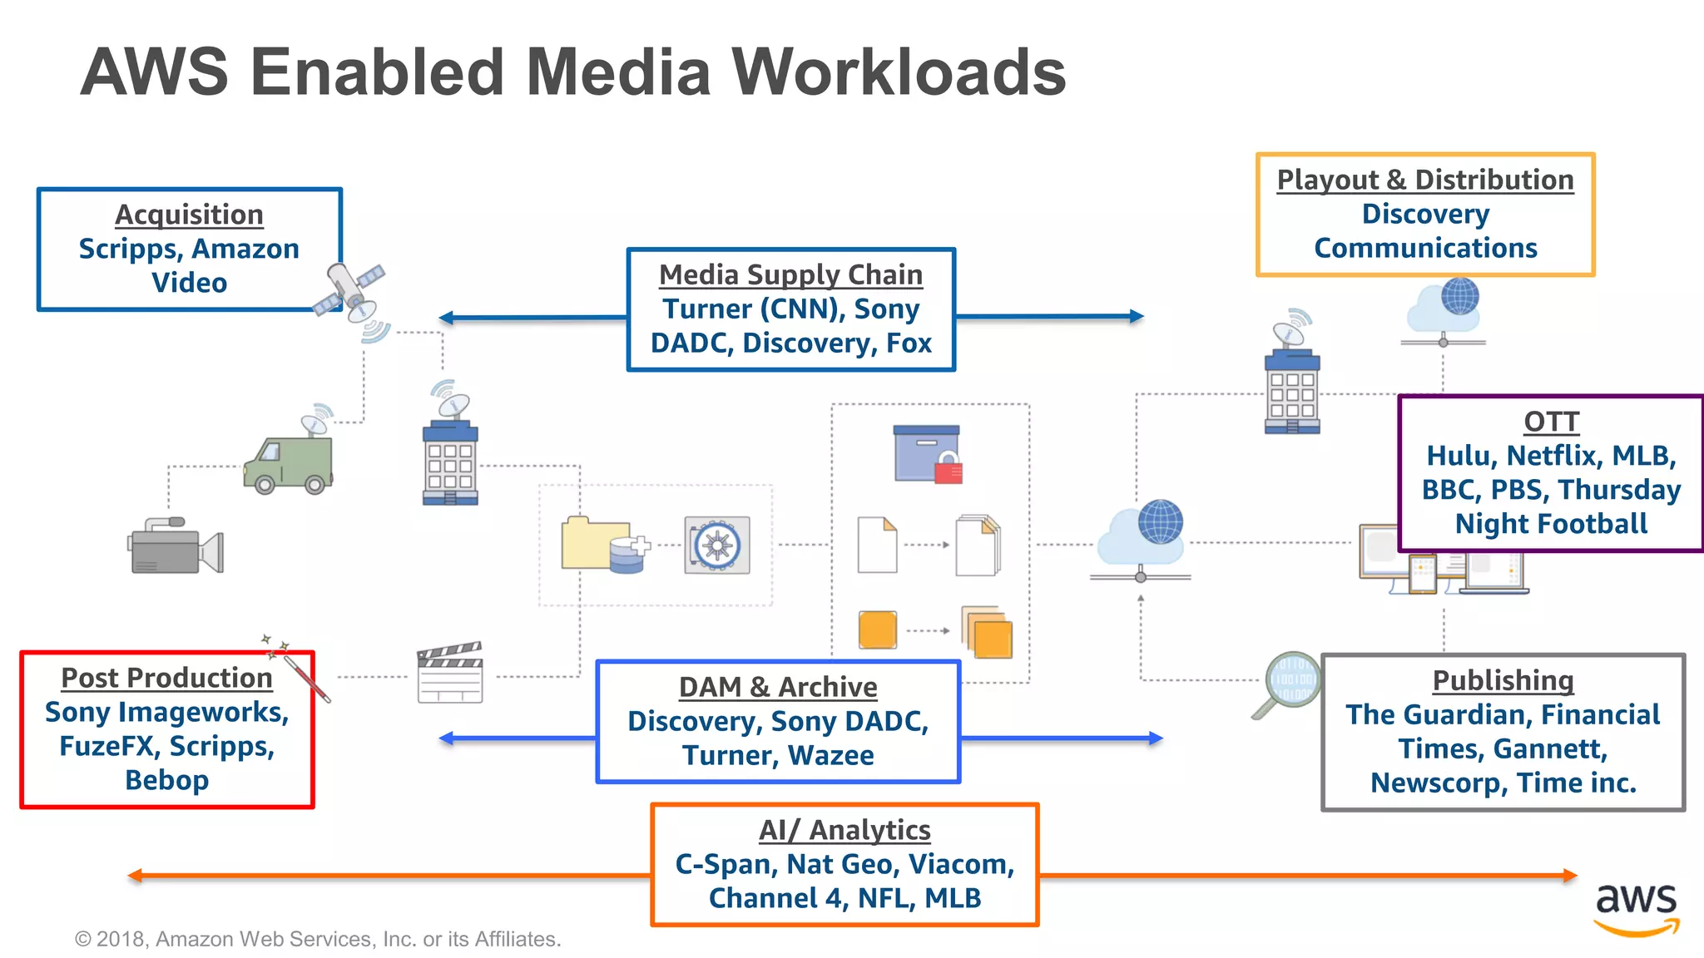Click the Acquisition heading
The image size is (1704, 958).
click(189, 215)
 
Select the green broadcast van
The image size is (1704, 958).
click(288, 465)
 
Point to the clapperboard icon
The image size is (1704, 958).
click(450, 673)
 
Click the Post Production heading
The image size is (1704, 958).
click(166, 678)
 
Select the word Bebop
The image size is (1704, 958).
click(166, 780)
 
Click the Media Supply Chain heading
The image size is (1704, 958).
click(790, 274)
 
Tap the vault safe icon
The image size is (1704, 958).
click(717, 546)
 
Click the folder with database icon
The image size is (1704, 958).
click(604, 545)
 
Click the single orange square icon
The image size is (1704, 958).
click(877, 630)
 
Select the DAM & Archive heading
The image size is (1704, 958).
click(778, 687)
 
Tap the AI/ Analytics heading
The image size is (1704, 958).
click(845, 830)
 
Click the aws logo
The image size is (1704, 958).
click(1636, 908)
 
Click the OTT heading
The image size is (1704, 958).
click(1551, 422)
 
